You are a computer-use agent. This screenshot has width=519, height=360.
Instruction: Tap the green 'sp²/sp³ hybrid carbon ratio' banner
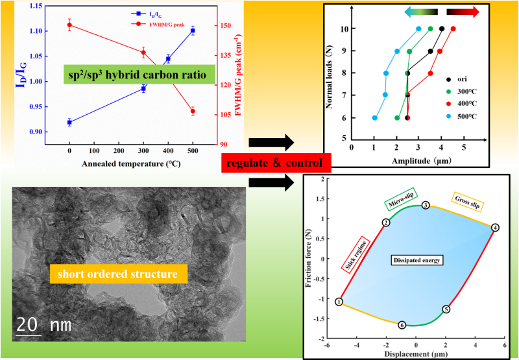(140, 76)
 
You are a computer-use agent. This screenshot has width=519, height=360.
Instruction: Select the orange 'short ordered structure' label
(118, 274)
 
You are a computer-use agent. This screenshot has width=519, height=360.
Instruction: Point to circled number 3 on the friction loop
(426, 205)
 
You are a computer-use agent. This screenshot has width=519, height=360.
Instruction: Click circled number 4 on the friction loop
(495, 228)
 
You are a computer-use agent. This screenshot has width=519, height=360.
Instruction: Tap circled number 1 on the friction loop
(339, 302)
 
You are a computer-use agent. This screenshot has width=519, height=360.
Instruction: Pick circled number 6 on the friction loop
(402, 325)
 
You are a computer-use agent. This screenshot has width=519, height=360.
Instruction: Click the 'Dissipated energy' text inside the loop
(415, 261)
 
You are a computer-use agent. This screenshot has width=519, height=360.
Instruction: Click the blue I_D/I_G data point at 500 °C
(193, 30)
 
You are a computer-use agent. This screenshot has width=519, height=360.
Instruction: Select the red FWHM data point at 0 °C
(69, 25)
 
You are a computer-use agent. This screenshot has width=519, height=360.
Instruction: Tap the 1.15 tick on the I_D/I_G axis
(53, 6)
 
